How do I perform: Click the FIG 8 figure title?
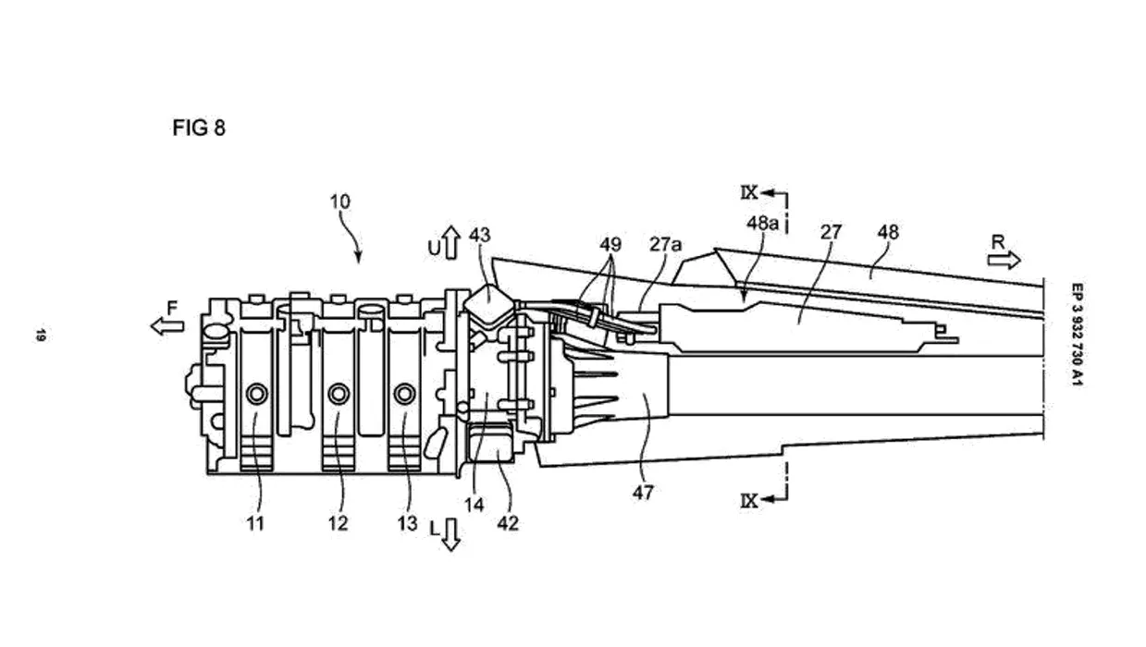pyautogui.click(x=199, y=128)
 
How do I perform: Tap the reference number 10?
pyautogui.click(x=340, y=201)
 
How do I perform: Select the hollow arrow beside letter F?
pyautogui.click(x=167, y=325)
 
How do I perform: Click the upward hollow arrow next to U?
pyautogui.click(x=450, y=242)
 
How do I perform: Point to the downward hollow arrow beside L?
pyautogui.click(x=450, y=534)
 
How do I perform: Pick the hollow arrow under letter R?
pyautogui.click(x=1004, y=261)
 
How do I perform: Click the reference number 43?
pyautogui.click(x=480, y=236)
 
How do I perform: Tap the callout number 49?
pyautogui.click(x=610, y=245)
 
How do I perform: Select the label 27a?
pyautogui.click(x=666, y=245)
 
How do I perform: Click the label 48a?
pyautogui.click(x=763, y=223)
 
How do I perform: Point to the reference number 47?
pyautogui.click(x=643, y=493)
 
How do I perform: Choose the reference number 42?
pyautogui.click(x=508, y=523)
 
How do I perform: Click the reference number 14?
pyautogui.click(x=474, y=506)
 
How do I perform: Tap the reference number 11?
pyautogui.click(x=255, y=523)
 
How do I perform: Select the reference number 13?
pyautogui.click(x=408, y=523)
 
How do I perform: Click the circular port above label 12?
pyautogui.click(x=339, y=394)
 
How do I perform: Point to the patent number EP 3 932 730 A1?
pyautogui.click(x=1077, y=335)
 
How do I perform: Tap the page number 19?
pyautogui.click(x=41, y=336)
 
